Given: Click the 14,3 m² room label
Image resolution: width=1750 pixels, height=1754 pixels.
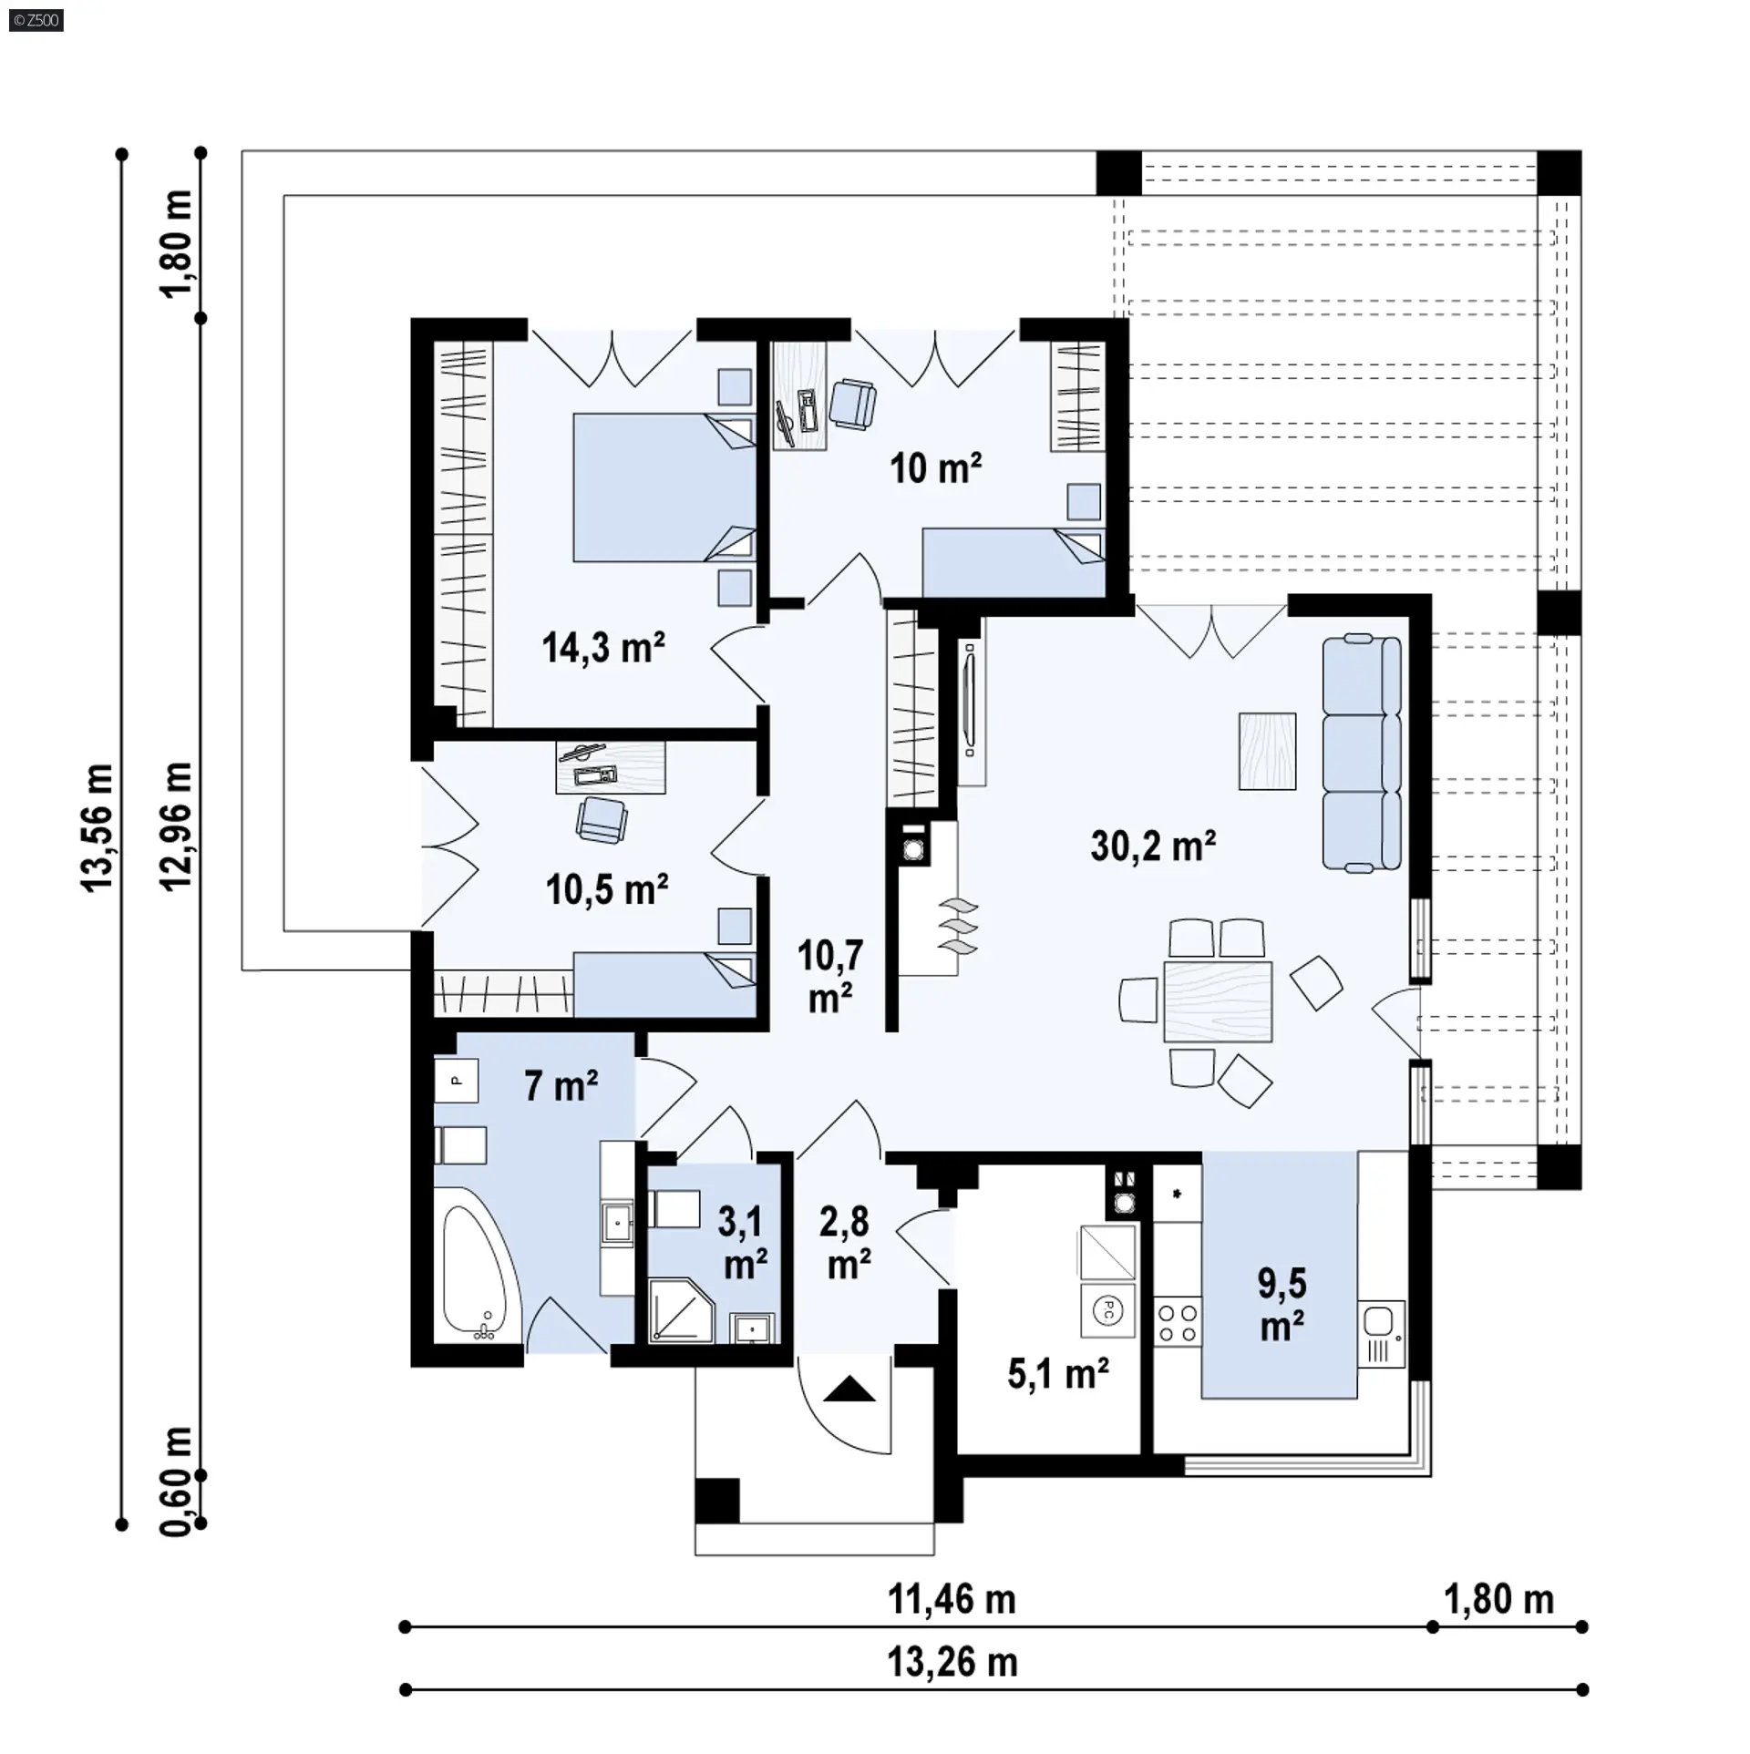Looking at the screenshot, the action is [603, 648].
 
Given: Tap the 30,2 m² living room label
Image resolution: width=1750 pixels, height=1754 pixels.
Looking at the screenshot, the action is [1153, 846].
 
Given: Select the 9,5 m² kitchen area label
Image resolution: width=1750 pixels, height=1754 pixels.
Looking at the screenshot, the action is [1282, 1305].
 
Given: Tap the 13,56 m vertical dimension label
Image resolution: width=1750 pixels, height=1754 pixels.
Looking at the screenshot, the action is [98, 827].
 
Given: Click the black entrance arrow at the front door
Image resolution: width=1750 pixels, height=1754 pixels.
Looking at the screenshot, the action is [849, 1390].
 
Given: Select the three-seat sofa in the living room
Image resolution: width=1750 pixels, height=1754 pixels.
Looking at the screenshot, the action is [1362, 753].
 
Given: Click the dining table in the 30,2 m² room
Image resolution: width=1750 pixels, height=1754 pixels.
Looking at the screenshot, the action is [1218, 1000].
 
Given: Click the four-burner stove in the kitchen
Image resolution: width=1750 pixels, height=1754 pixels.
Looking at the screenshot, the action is [1177, 1324].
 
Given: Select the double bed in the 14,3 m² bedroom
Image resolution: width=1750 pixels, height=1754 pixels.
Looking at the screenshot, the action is [664, 487].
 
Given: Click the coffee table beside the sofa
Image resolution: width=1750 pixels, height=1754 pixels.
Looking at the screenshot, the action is [1267, 751].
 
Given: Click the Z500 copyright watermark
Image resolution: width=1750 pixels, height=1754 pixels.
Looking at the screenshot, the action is [37, 20].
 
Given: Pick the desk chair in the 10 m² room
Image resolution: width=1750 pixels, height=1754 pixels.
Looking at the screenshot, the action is [852, 404].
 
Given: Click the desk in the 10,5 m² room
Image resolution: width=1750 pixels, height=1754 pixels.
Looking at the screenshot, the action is [610, 767].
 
